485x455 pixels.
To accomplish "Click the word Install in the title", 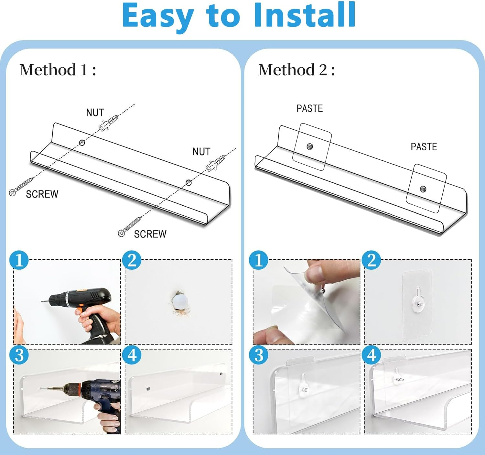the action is coord(305,15).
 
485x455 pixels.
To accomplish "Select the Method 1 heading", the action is coord(58,70).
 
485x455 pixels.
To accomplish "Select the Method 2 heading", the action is coord(296,70).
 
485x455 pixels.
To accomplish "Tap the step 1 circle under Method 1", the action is coord(19,260).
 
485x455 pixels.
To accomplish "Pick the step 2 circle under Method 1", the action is coord(132,260).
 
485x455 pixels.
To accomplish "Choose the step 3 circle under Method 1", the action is coord(19,355).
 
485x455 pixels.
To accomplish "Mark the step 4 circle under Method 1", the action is coord(132,355).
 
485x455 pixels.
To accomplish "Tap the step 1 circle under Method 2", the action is coord(259,260).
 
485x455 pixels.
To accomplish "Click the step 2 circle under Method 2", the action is coord(372,260).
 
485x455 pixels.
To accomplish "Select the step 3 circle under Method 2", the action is coord(259,355).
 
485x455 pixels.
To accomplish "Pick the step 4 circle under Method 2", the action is coord(372,355).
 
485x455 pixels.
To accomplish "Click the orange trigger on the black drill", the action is coord(79,311).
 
